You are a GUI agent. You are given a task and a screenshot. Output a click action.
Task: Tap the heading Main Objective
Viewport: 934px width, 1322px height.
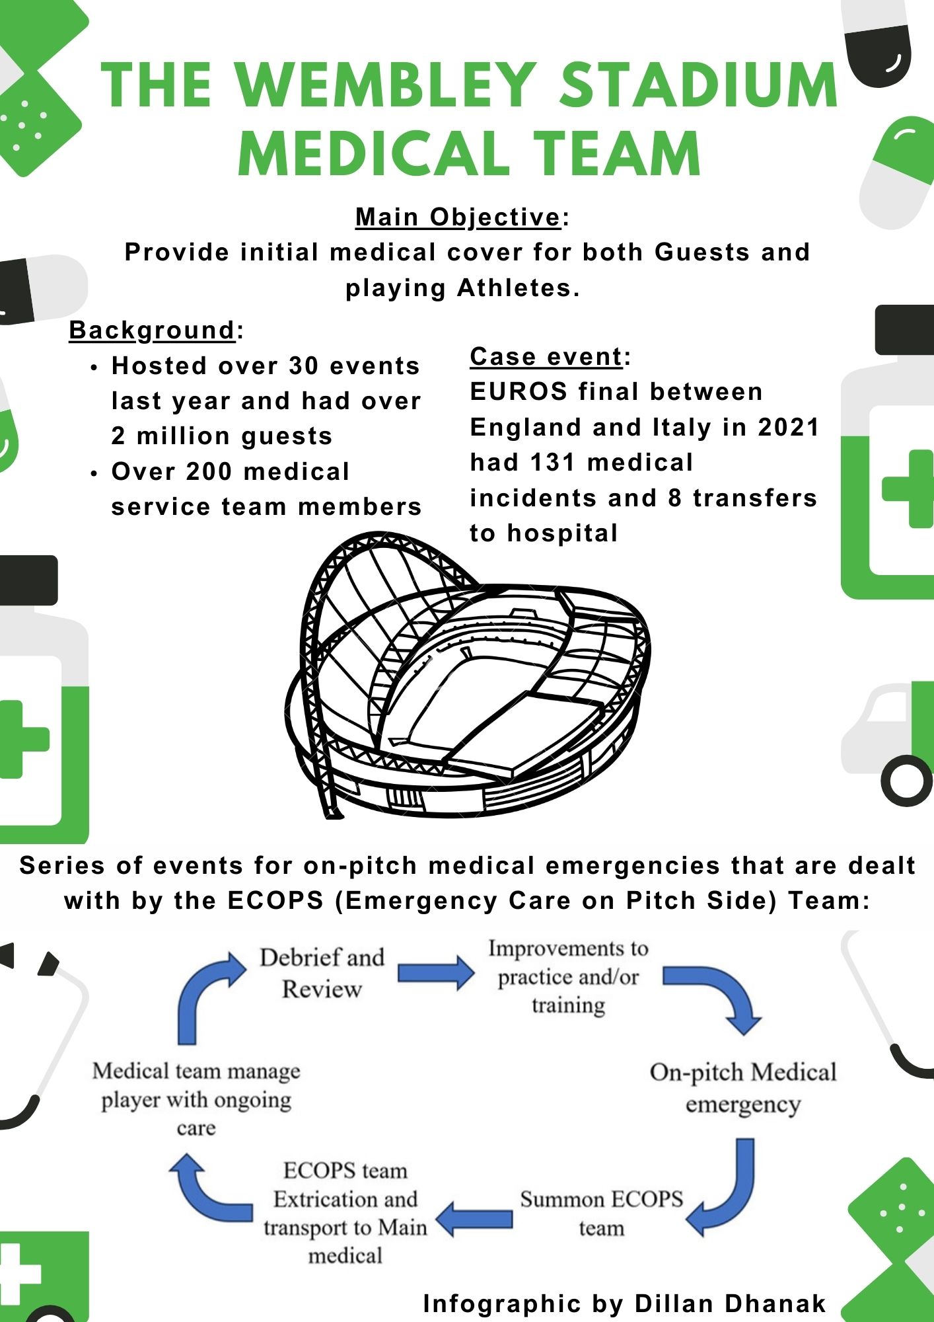tap(458, 217)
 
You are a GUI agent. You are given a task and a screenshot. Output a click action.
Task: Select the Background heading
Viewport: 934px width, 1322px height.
tap(153, 330)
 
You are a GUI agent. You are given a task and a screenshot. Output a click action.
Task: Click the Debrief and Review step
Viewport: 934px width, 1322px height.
tap(322, 973)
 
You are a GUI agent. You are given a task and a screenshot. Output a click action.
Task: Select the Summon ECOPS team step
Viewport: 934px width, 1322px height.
tap(601, 1214)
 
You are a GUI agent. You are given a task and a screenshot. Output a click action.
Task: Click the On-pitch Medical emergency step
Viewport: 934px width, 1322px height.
tap(743, 1088)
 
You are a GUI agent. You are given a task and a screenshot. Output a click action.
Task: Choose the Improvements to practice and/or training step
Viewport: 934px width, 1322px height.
tap(568, 977)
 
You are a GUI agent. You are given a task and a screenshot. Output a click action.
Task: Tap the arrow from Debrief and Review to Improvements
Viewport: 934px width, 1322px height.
tap(436, 972)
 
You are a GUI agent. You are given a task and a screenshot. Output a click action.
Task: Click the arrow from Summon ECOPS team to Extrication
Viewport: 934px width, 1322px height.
tap(474, 1218)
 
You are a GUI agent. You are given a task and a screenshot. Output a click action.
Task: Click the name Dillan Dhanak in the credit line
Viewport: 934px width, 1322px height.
tap(731, 1303)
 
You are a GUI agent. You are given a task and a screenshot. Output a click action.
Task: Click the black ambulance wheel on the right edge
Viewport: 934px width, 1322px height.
tap(907, 781)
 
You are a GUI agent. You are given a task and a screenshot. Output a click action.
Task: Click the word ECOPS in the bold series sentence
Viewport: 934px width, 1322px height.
tap(275, 900)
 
